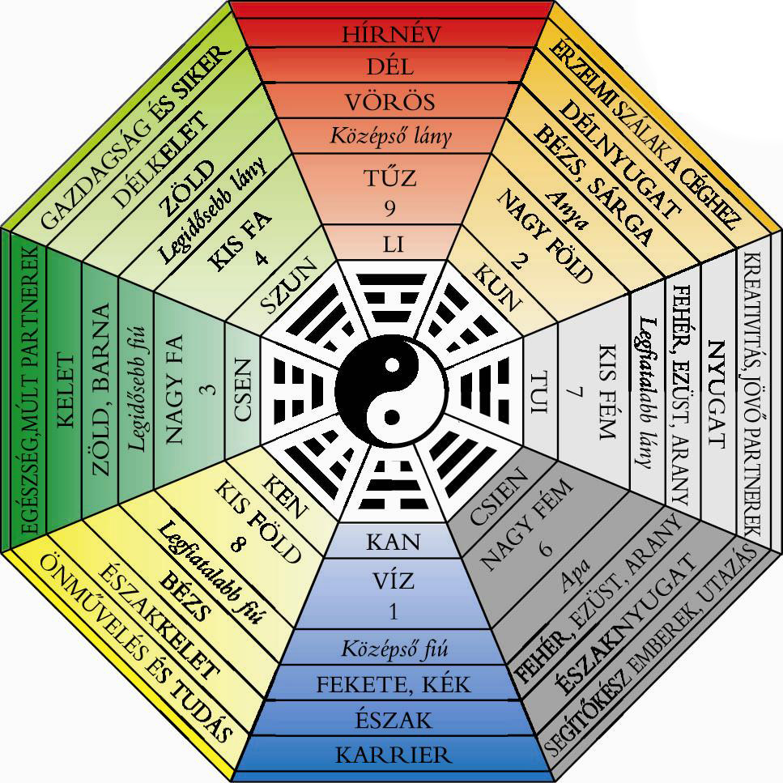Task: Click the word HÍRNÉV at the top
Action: (391, 34)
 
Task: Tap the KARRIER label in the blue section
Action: (393, 755)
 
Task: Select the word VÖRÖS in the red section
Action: (391, 102)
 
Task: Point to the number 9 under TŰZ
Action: (392, 209)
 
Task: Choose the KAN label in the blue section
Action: (393, 541)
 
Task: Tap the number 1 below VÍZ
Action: (393, 611)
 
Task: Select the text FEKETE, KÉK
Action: (393, 684)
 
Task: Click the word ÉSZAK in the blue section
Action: (393, 719)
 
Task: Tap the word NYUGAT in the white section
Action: (715, 392)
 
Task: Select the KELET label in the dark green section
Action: (65, 391)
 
